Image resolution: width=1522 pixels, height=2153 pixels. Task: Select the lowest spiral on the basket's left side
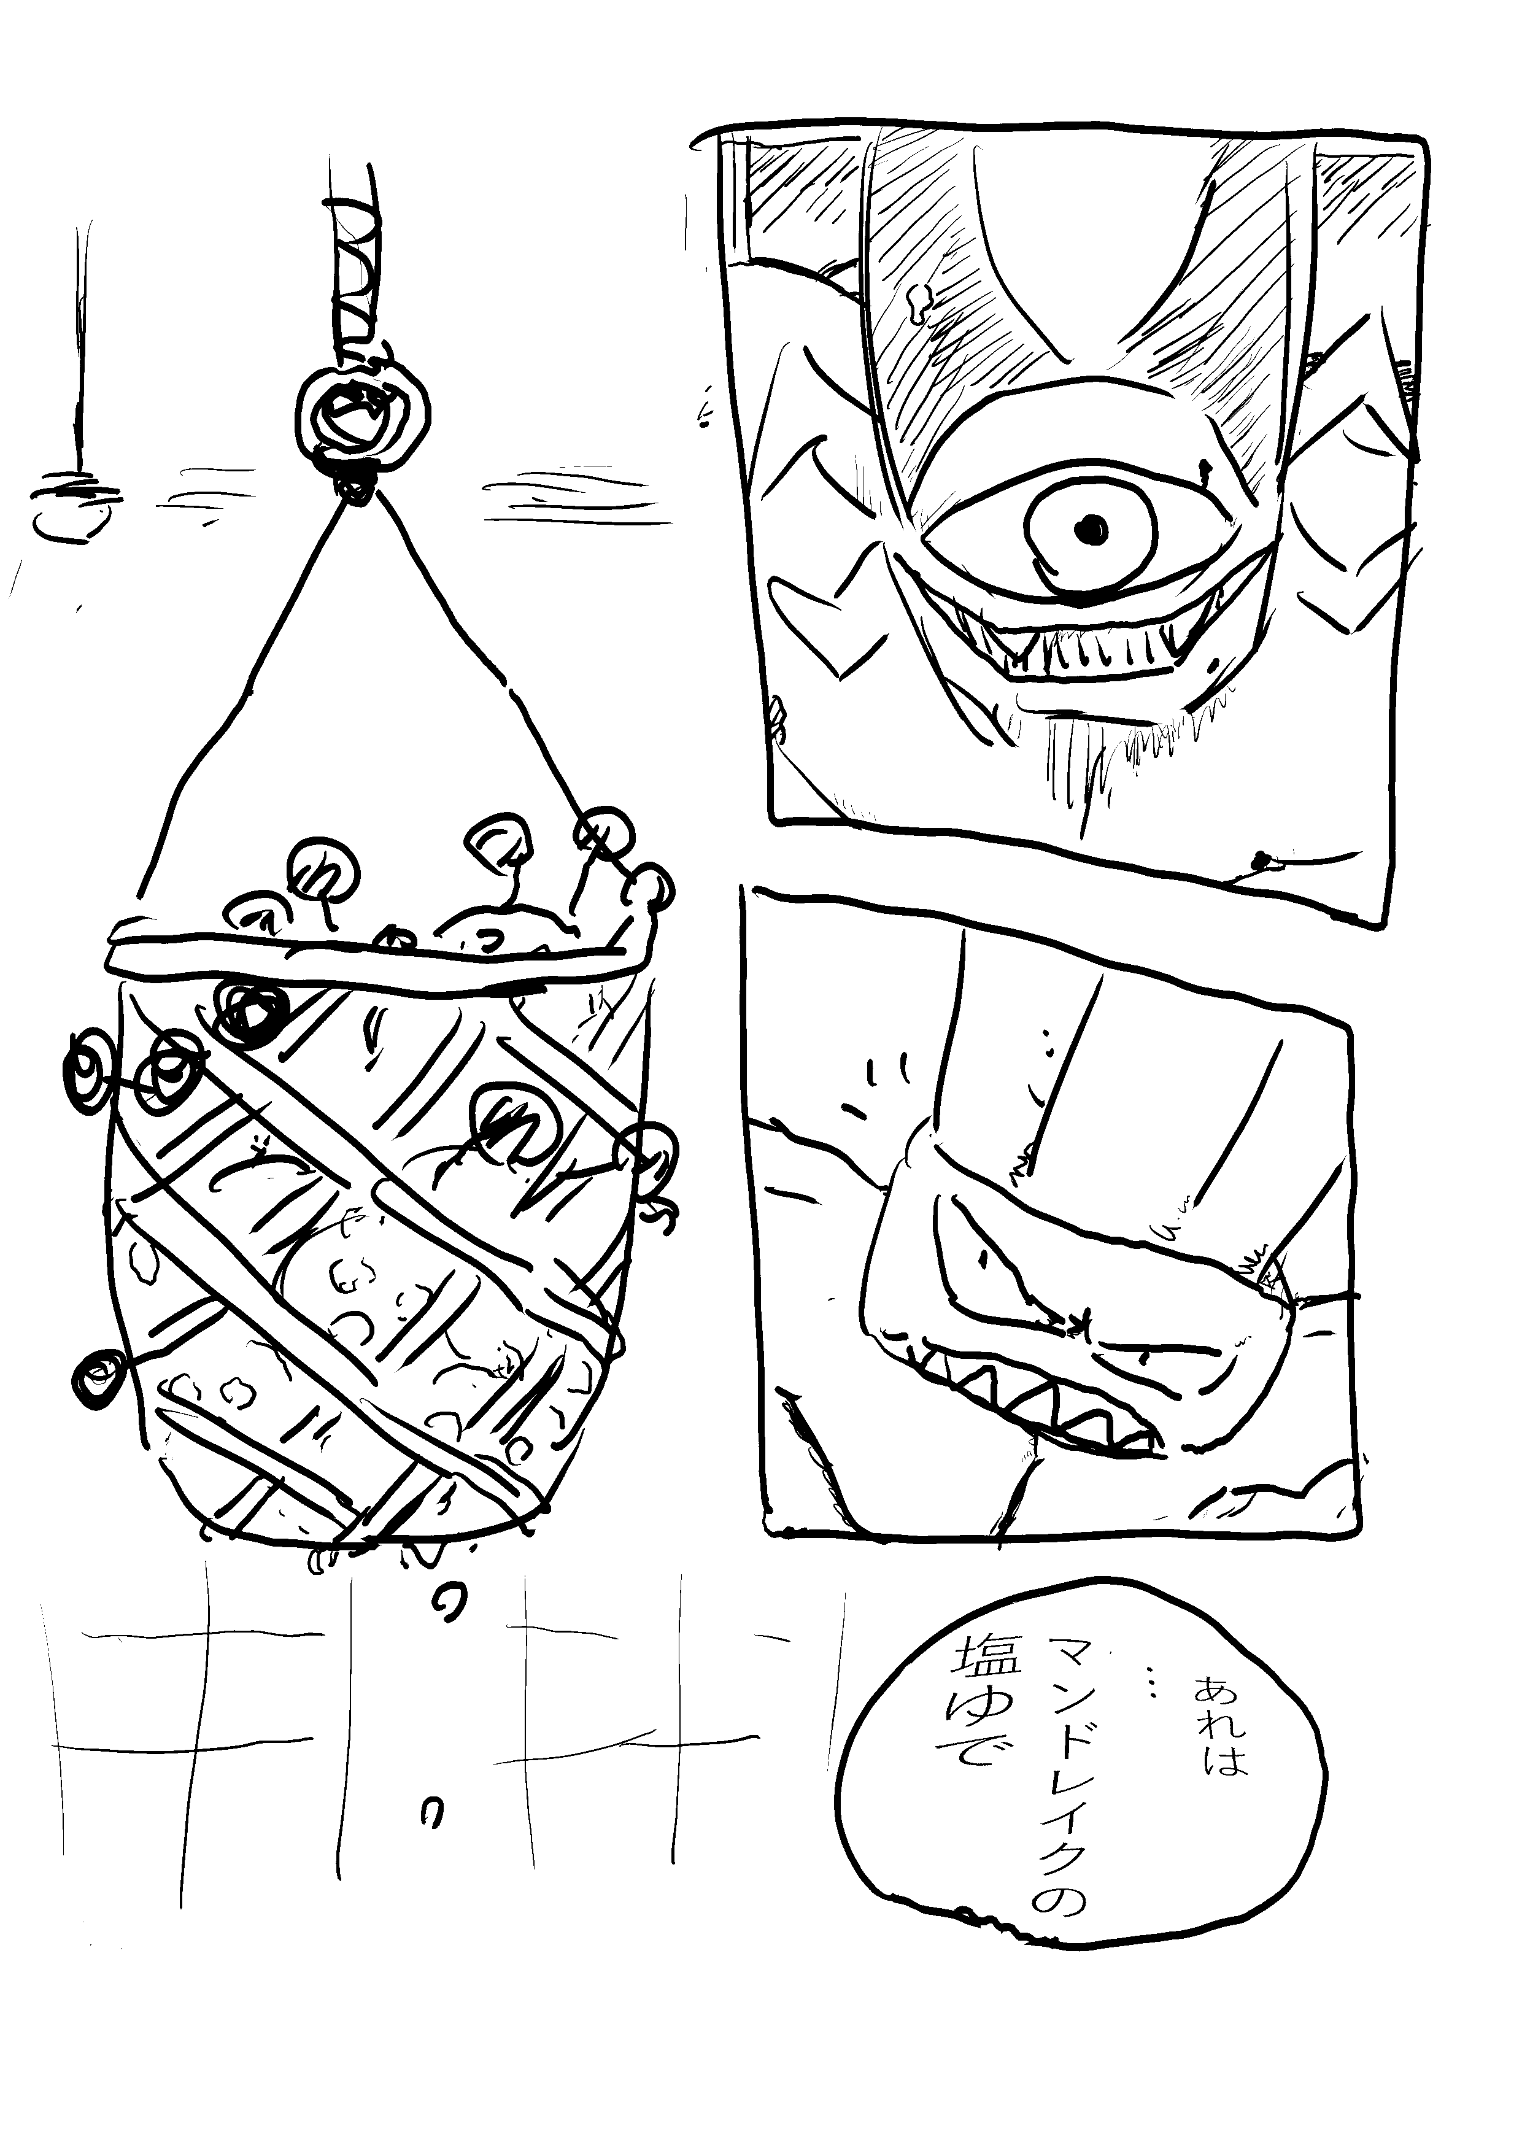click(x=96, y=1377)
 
